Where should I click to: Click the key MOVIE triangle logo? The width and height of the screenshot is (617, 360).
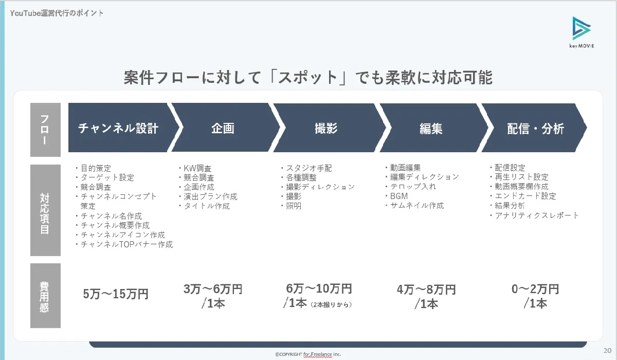point(581,28)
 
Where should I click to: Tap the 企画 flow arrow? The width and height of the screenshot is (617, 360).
point(223,128)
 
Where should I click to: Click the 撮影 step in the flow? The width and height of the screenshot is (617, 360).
point(326,128)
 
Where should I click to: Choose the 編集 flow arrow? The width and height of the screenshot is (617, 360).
point(431,128)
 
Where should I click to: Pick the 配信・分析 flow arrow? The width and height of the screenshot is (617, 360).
point(534,128)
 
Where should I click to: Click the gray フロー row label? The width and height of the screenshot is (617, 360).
point(45,130)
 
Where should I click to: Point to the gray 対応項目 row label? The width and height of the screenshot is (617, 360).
point(45,210)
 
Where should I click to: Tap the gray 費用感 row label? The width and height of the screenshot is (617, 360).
point(45,296)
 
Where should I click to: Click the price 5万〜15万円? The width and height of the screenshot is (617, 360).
point(116,294)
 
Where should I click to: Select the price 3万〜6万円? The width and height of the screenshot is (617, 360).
point(213,289)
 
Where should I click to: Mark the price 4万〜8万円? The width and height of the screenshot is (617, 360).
point(426,290)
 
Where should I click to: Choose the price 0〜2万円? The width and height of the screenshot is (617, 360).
point(535,289)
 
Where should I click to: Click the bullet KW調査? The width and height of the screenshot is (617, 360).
point(195,168)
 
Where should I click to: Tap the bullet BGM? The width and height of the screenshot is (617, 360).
point(396,196)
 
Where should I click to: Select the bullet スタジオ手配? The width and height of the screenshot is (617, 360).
point(306,168)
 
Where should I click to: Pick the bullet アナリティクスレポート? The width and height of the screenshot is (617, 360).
point(534,215)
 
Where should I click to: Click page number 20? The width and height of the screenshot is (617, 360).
point(607,350)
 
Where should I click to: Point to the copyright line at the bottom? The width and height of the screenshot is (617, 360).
point(308,354)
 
